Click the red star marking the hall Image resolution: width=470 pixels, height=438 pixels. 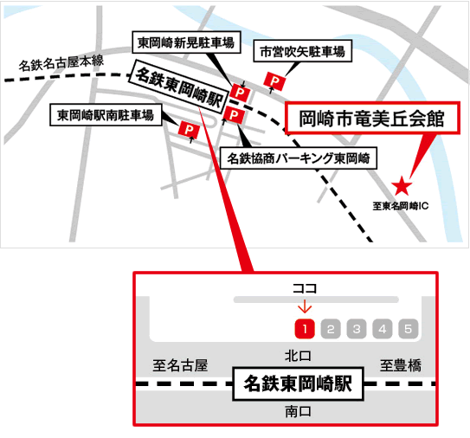[x=402, y=186]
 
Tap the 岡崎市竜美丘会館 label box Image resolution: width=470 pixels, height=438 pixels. [x=372, y=118]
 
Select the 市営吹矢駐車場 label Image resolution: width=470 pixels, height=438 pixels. [x=302, y=51]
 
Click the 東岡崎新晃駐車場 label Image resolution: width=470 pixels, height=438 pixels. [x=186, y=42]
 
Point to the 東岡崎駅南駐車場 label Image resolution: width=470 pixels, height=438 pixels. [x=106, y=115]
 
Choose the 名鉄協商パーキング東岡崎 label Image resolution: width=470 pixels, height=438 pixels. [x=299, y=158]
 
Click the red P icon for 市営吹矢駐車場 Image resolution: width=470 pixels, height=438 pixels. [x=274, y=81]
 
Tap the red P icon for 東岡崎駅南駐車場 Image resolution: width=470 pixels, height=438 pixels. [x=189, y=130]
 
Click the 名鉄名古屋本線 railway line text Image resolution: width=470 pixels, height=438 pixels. [x=61, y=62]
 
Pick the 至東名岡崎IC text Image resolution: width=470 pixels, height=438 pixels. [x=401, y=206]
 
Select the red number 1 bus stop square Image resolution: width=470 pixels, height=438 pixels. [x=305, y=329]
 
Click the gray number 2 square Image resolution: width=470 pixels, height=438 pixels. [x=331, y=329]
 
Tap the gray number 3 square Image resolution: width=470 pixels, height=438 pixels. [x=357, y=329]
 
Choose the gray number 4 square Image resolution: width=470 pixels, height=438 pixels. [x=383, y=329]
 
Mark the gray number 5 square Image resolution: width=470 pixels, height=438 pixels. [x=408, y=329]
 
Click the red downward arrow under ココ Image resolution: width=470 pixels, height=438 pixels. [x=305, y=306]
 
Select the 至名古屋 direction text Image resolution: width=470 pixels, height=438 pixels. [x=180, y=365]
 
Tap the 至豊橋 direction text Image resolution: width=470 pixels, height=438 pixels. [x=401, y=365]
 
